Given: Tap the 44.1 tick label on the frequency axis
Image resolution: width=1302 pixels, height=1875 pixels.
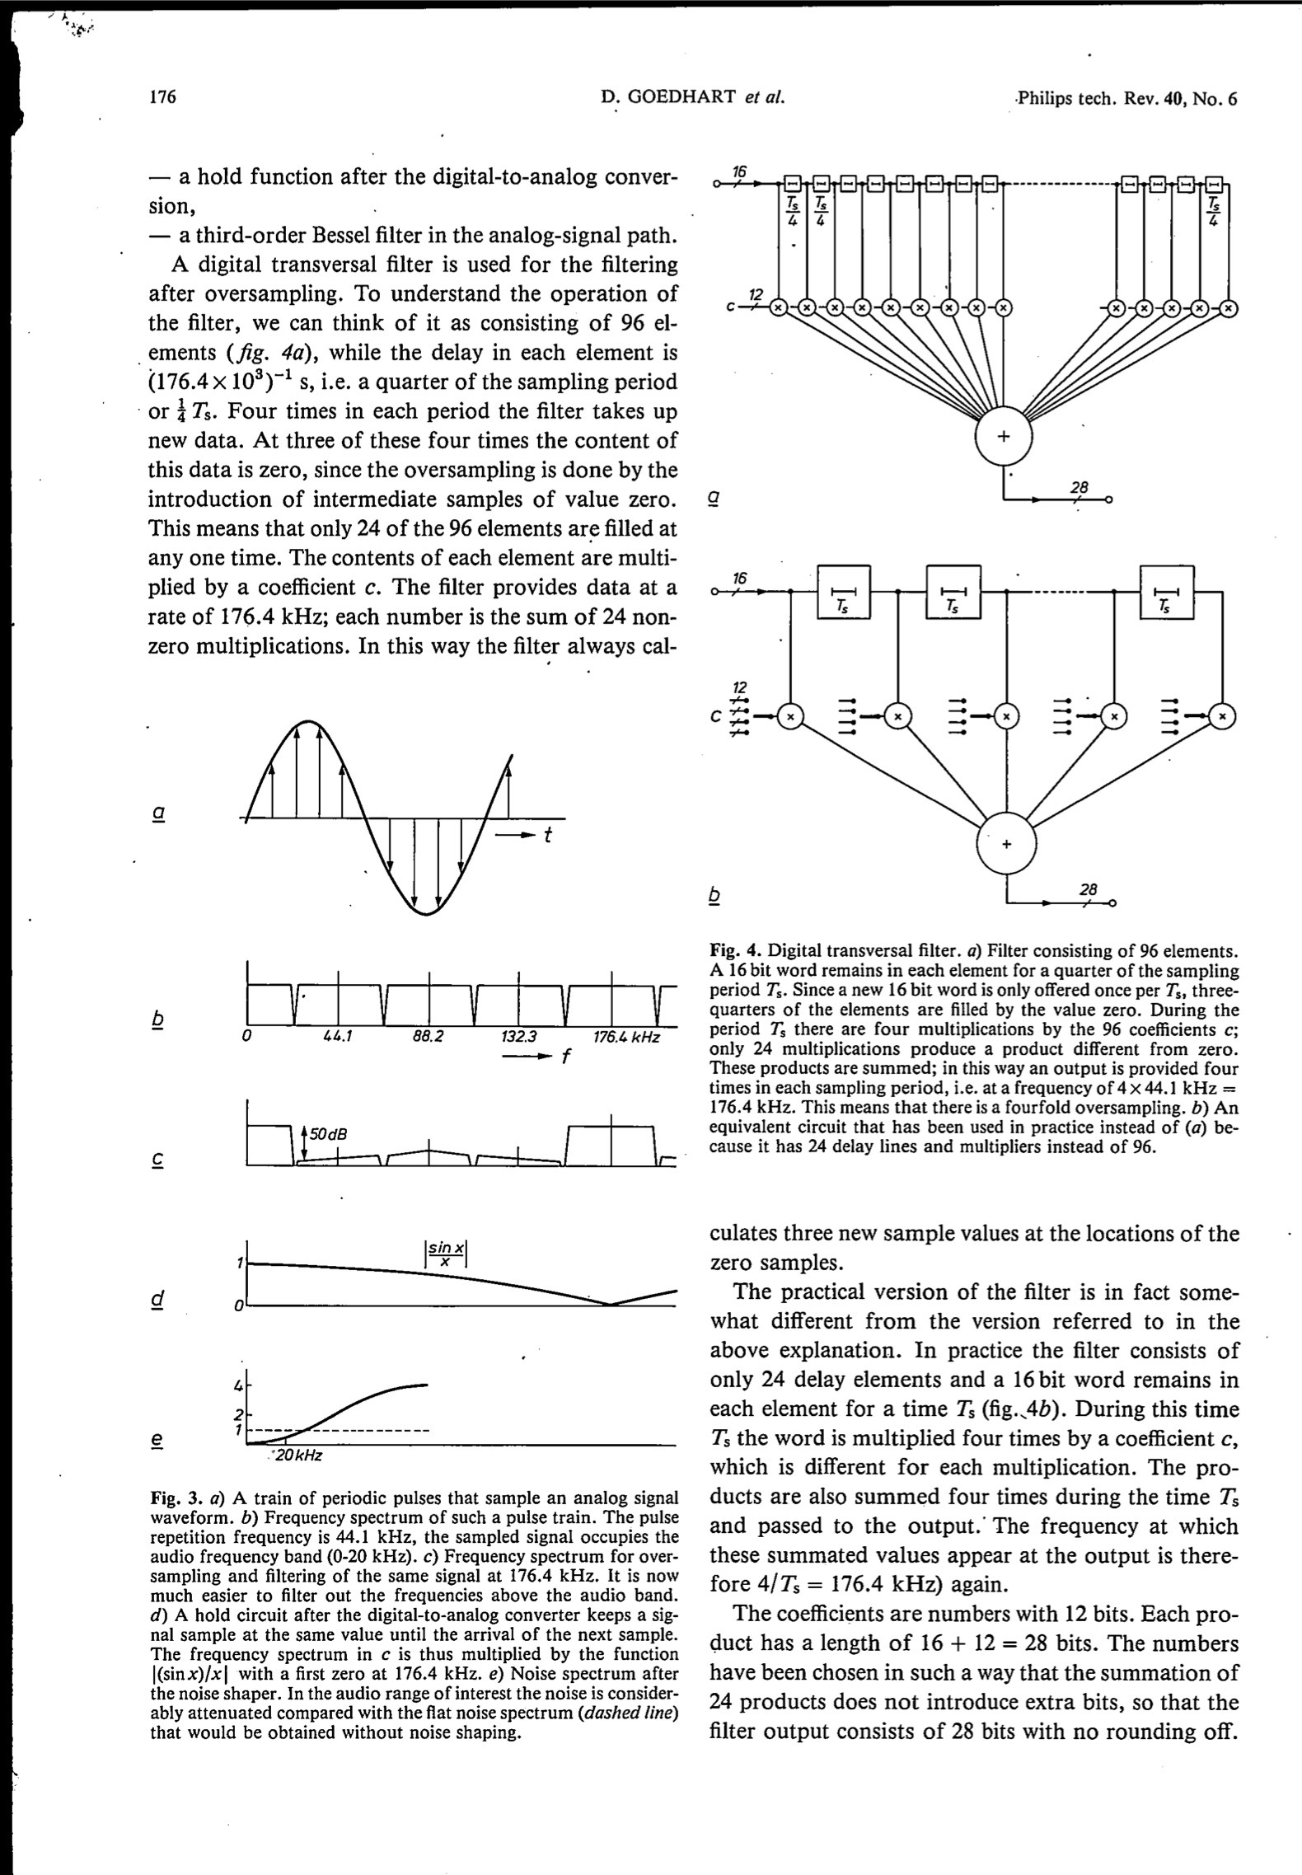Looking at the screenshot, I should pos(338,1037).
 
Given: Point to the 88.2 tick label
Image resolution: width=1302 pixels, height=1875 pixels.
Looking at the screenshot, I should pos(427,1037).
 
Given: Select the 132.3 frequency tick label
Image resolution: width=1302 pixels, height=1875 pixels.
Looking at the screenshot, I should pos(518,1037).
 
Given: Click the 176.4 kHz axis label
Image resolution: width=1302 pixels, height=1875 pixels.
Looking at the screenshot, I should pos(626,1037).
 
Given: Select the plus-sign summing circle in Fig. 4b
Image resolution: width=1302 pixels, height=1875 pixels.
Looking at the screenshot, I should pos(1005,845).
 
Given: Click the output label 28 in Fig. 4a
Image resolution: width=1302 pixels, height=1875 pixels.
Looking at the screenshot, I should pos(1079,488).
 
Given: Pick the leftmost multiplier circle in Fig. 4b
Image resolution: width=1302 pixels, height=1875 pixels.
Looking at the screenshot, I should pos(790,717).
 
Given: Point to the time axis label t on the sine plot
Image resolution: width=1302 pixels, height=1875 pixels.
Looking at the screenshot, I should pos(546,835).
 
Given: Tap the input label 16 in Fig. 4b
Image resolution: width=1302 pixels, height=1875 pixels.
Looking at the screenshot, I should pos(739,579).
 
